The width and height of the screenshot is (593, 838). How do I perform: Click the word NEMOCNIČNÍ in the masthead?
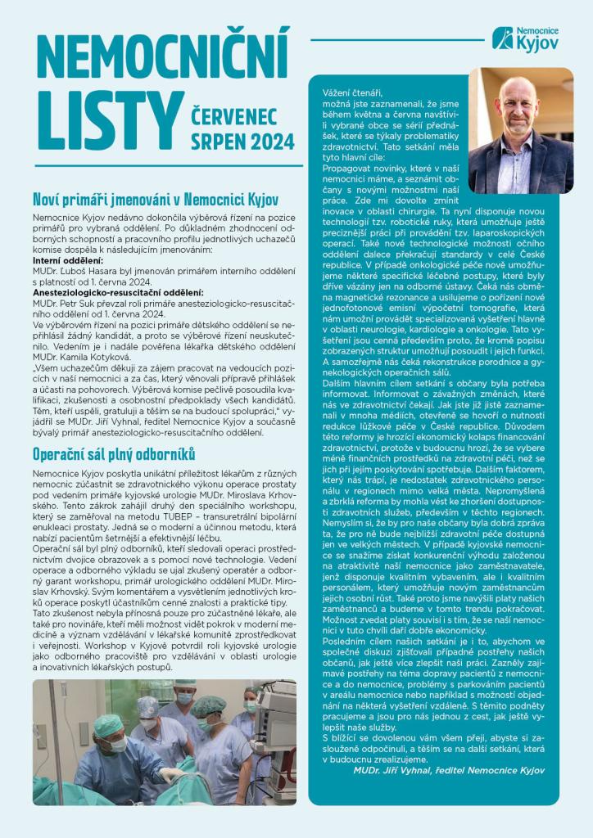164,55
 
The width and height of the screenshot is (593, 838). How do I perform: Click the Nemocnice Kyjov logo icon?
501,38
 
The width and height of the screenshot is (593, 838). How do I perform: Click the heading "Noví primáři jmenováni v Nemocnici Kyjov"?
156,199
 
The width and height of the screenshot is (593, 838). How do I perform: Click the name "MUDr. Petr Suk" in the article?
68,303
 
